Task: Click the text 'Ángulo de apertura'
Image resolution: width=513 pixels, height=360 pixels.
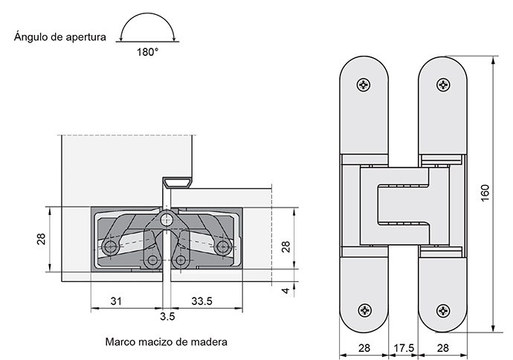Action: coord(60,36)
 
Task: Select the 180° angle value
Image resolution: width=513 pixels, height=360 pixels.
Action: coord(148,52)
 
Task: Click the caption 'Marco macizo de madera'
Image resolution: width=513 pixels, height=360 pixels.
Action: coord(166,342)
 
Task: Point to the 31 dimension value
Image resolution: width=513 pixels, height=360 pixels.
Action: coord(116,300)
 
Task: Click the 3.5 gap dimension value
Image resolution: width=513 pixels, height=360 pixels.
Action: coord(167,316)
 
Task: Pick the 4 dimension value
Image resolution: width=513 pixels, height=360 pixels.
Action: coord(285,290)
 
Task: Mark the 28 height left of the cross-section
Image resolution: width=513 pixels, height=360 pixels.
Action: coord(42,239)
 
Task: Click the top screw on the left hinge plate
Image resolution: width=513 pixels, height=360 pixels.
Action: coord(364,86)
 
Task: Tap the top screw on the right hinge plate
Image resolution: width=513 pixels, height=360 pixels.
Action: coord(443,86)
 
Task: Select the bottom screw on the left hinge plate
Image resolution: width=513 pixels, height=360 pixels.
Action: coord(364,310)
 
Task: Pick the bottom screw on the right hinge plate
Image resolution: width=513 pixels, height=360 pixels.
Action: coord(443,310)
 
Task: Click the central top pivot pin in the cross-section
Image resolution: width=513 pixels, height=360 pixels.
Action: coord(167,220)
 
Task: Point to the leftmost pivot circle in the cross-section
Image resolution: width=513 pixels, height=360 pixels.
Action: coord(111,246)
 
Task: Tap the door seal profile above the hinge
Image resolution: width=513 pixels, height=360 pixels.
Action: coord(177,181)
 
